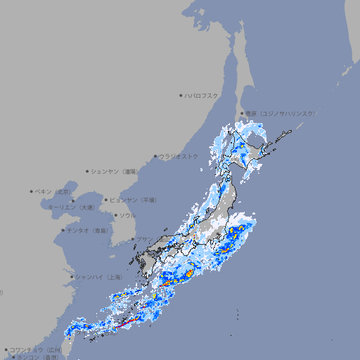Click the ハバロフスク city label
(201, 96)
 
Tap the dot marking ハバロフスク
(181, 96)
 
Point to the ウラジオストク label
(179, 156)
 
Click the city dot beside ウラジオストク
(155, 156)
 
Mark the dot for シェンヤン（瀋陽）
(88, 171)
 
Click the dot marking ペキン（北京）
(32, 191)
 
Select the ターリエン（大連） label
(71, 207)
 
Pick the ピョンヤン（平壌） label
(133, 200)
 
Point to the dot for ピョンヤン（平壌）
(107, 200)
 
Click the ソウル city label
(127, 216)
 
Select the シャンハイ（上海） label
(98, 277)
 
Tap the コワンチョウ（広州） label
(36, 349)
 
